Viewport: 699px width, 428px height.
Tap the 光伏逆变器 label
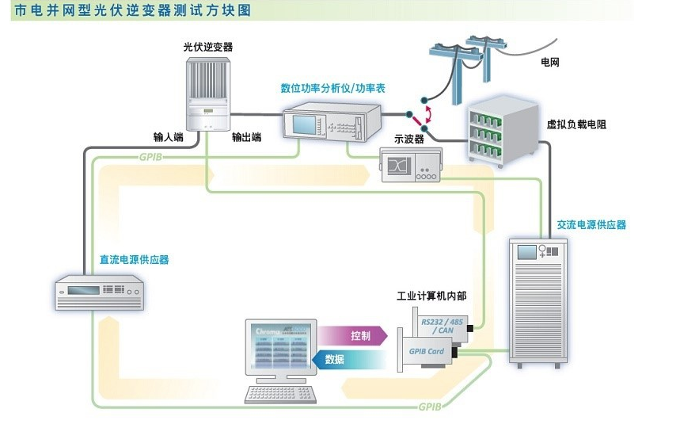click(x=208, y=47)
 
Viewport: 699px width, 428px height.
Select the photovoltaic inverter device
click(x=207, y=90)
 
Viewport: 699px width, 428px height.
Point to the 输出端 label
click(x=247, y=136)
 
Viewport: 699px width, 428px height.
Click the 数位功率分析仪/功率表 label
click(x=332, y=88)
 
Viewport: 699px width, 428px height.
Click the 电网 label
click(x=549, y=61)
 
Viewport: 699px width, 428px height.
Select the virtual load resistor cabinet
click(x=503, y=131)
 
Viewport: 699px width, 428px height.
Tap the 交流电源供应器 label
click(x=591, y=225)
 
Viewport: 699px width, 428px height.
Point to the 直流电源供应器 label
click(x=134, y=259)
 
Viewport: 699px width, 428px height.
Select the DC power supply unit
click(x=98, y=290)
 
